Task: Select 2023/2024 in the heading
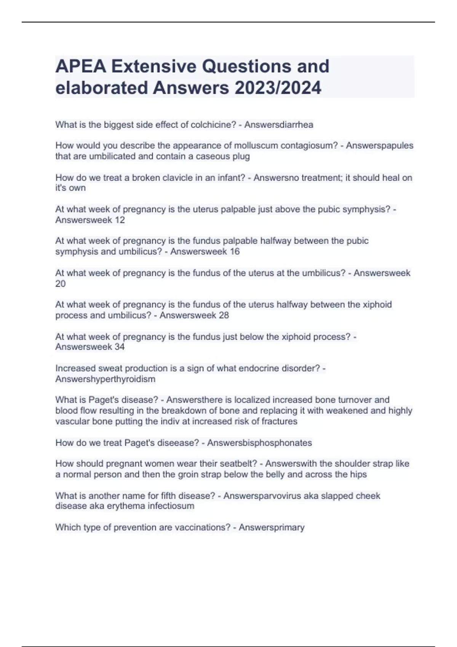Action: [x=278, y=88]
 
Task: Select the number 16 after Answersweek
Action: [x=235, y=252]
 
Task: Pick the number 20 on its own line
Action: [x=61, y=284]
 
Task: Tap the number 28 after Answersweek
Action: [x=224, y=316]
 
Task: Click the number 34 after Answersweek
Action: [x=120, y=347]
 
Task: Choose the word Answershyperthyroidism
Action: [x=105, y=379]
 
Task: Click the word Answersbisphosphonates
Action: [x=259, y=443]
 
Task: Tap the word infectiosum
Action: [x=171, y=506]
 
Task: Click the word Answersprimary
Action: [x=272, y=527]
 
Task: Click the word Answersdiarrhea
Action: [x=279, y=125]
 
